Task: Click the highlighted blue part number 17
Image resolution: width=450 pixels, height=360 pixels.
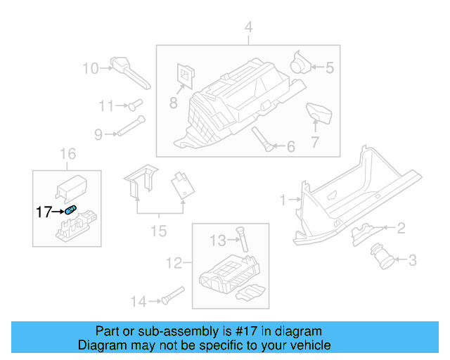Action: [71, 210]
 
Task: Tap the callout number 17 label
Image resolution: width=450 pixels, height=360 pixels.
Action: [44, 210]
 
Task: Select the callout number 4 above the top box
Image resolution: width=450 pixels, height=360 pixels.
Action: [247, 27]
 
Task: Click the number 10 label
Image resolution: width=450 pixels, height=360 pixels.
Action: [91, 68]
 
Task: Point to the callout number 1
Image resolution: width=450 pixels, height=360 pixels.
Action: [284, 200]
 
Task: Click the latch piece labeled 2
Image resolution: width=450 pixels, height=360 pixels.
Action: [364, 230]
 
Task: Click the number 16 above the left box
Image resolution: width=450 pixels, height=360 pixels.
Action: [67, 154]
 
